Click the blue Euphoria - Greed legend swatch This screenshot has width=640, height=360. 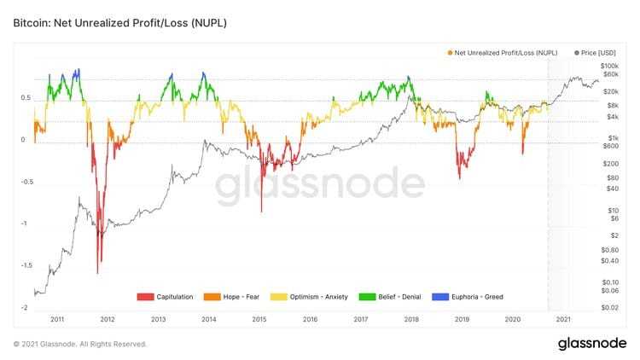coord(436,297)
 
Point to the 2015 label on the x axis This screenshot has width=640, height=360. coord(259,319)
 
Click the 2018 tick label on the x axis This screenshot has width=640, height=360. coord(411,319)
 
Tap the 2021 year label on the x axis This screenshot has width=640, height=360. coord(563,319)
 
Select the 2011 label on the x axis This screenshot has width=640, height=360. coord(57,319)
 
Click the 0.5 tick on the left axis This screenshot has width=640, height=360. coord(26,98)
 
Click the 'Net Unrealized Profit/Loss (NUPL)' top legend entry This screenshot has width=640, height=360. coord(504,53)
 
